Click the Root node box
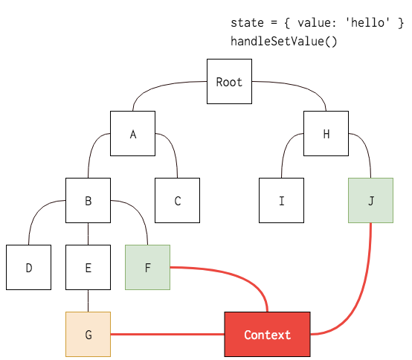(x=229, y=82)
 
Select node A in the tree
(x=132, y=134)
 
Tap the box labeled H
(x=326, y=134)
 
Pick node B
(x=88, y=201)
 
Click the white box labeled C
(x=177, y=201)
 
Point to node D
(x=28, y=267)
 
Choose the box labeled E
(x=88, y=267)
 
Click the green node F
(x=147, y=267)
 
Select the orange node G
(x=88, y=335)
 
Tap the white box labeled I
(x=281, y=201)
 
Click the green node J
(x=370, y=201)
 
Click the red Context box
(x=267, y=335)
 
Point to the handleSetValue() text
(x=283, y=41)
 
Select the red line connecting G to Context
(x=167, y=335)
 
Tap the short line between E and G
(x=88, y=300)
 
